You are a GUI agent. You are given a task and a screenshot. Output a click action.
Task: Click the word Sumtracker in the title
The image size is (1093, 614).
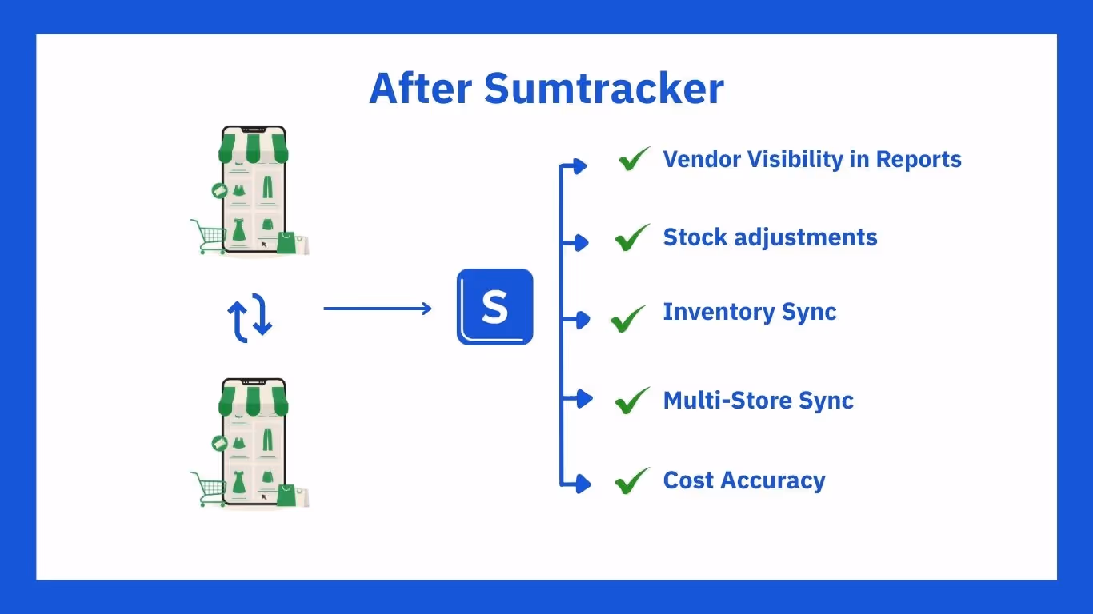tap(604, 88)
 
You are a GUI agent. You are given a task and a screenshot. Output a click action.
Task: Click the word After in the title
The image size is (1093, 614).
tap(421, 88)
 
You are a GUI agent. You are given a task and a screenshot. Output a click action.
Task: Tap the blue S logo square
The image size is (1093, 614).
tap(494, 307)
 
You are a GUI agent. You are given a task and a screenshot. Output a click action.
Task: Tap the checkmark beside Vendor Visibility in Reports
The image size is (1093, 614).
tap(635, 159)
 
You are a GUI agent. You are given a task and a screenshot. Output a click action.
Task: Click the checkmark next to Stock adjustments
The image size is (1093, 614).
tap(632, 237)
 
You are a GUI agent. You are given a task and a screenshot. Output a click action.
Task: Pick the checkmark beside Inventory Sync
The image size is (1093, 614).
tap(628, 318)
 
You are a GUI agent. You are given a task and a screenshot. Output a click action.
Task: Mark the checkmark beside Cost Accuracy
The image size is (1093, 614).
tap(632, 480)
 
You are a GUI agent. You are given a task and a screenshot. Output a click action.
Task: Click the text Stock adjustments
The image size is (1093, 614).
tap(770, 237)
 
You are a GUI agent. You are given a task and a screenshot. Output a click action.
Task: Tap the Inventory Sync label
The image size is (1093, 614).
tap(749, 312)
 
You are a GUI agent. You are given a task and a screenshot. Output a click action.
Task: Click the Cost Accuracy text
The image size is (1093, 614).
tap(744, 480)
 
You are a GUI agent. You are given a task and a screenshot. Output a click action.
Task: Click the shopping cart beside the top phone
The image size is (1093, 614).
tap(209, 237)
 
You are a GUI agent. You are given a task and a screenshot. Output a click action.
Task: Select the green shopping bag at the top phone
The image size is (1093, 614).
tap(287, 243)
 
